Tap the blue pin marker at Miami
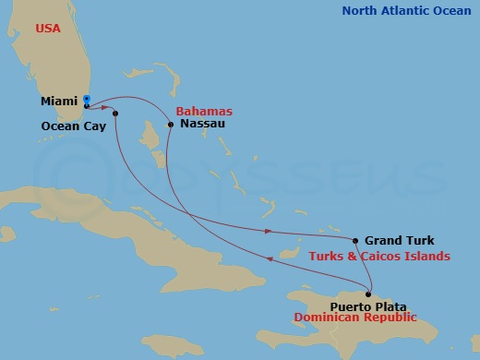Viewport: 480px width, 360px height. (86, 99)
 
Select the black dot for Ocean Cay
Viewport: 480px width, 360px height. (115, 114)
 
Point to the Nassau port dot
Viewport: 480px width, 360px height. (171, 125)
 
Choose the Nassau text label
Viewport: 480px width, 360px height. (202, 124)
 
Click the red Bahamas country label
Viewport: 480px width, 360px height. (203, 109)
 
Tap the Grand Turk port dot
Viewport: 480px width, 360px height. (355, 240)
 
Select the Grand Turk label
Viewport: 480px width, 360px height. (399, 240)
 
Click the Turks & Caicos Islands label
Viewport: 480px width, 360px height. (379, 256)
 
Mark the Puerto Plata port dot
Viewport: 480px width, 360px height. (367, 294)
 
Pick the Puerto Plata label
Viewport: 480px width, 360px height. (368, 306)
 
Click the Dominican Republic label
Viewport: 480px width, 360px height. (354, 318)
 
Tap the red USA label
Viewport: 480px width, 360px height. (48, 29)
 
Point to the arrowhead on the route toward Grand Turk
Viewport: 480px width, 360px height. (268, 231)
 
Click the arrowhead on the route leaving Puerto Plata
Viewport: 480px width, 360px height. (270, 259)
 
